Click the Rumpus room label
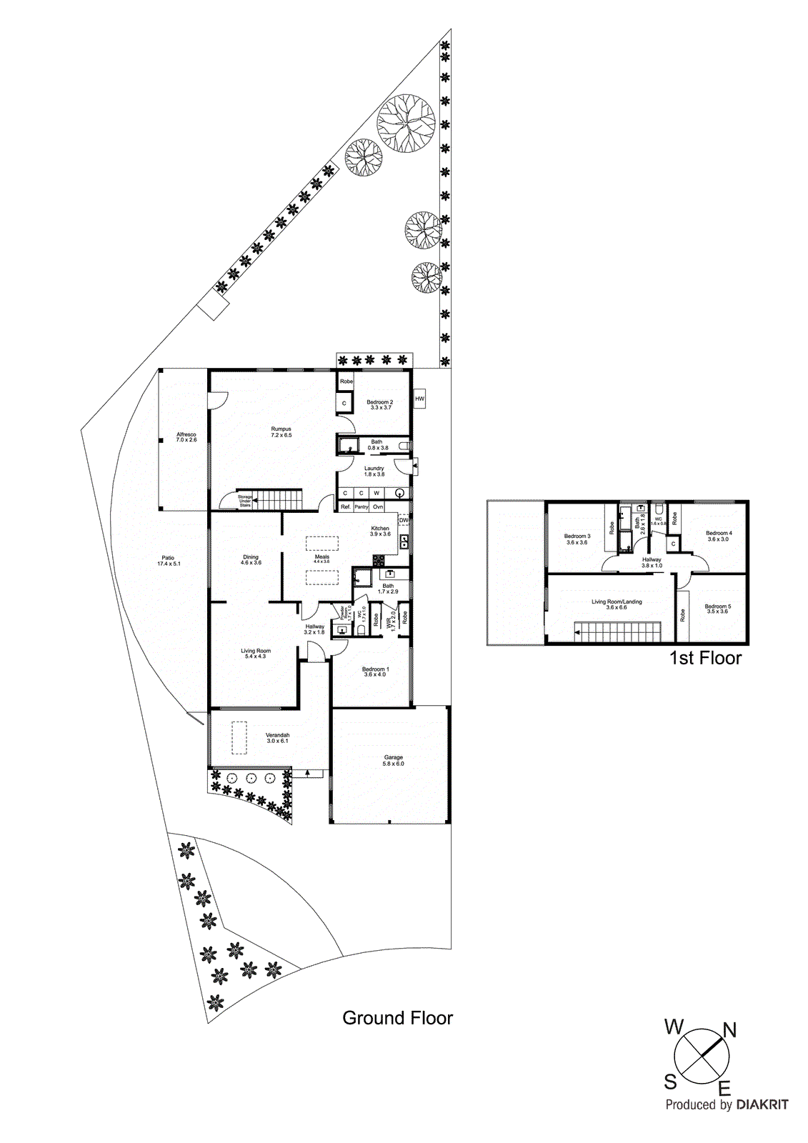tap(281, 431)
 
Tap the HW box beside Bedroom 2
tap(419, 399)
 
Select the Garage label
tap(393, 760)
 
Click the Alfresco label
tap(186, 437)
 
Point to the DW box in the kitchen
tap(404, 520)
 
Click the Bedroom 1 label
tap(375, 672)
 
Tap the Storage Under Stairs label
tap(245, 501)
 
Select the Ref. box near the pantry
tap(346, 506)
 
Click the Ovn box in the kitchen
tap(378, 506)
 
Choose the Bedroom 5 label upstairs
tap(717, 609)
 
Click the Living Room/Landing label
tap(617, 604)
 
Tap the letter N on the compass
tap(729, 1029)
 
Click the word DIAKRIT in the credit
tap(762, 1104)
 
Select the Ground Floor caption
tap(397, 1018)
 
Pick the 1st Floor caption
tap(705, 658)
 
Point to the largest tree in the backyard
tap(407, 123)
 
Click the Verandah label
tap(277, 737)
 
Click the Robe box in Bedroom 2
tap(346, 381)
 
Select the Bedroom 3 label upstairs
tap(577, 539)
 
